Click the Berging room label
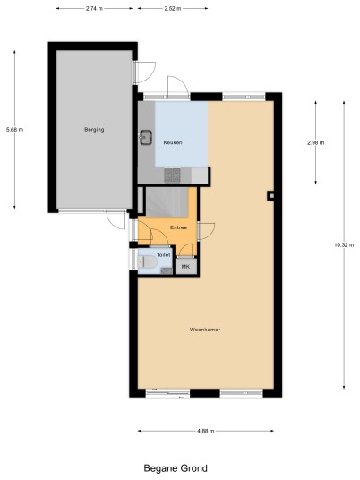[x=94, y=130]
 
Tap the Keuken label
[x=173, y=142]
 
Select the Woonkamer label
[x=205, y=330]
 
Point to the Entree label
[x=178, y=227]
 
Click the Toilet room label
[x=163, y=254]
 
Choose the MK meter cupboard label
[x=185, y=267]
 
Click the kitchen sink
[x=146, y=137]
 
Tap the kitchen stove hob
[x=172, y=176]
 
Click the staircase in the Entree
[x=167, y=201]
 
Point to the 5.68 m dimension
[x=14, y=130]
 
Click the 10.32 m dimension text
[x=344, y=244]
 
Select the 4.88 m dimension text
[x=206, y=431]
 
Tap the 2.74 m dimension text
[x=94, y=9]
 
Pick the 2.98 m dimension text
[x=315, y=142]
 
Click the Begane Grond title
[x=176, y=468]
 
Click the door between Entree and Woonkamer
[x=206, y=231]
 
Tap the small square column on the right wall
[x=271, y=195]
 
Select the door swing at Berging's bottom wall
[x=116, y=219]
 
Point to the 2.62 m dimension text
[x=172, y=9]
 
